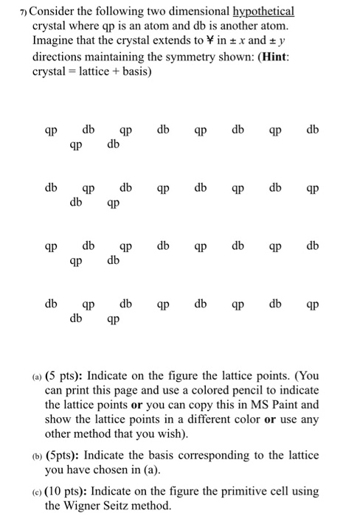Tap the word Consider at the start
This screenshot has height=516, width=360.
tap(55, 12)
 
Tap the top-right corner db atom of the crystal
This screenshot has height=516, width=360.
tap(313, 130)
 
